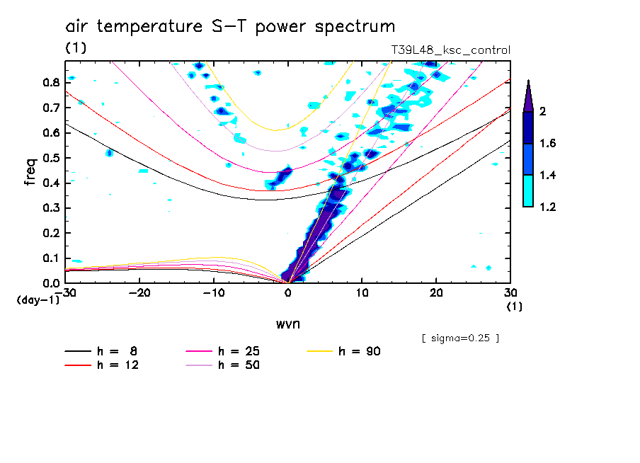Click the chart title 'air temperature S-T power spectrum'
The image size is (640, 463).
click(x=230, y=27)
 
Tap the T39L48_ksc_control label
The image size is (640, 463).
click(x=450, y=50)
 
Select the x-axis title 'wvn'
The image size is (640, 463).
click(x=287, y=324)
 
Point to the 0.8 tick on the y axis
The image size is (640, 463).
click(x=51, y=82)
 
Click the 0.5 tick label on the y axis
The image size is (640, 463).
click(x=51, y=158)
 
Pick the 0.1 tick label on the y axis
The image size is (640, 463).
click(x=51, y=258)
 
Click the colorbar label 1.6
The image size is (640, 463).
click(x=548, y=144)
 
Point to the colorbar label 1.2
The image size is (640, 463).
click(x=548, y=207)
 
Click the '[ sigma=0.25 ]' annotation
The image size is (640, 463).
click(x=460, y=338)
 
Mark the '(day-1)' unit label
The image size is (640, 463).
click(x=38, y=300)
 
